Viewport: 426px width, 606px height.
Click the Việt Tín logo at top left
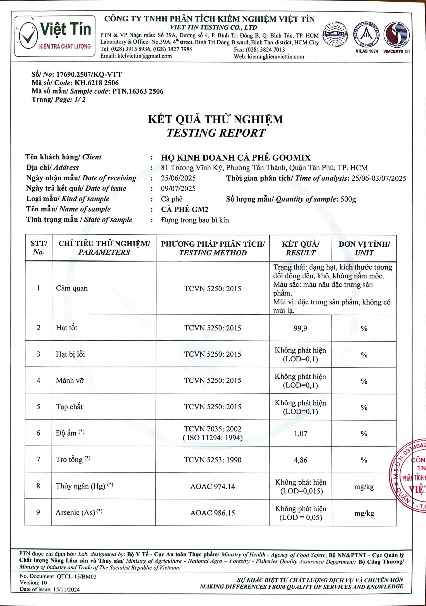click(x=55, y=36)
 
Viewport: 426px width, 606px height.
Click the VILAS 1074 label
click(x=367, y=51)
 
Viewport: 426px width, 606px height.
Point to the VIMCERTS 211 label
click(x=397, y=51)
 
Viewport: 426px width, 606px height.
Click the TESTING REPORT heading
click(x=216, y=133)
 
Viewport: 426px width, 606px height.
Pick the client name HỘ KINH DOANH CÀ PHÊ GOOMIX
click(x=236, y=158)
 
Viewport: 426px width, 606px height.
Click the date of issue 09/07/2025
click(x=178, y=188)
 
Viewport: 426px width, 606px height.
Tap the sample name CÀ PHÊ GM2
click(x=184, y=209)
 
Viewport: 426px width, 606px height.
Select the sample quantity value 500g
click(x=348, y=199)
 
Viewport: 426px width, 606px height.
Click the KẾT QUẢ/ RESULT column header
click(x=300, y=248)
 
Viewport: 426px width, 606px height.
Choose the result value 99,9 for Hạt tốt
click(x=300, y=328)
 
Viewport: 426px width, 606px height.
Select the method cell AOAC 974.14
click(x=212, y=486)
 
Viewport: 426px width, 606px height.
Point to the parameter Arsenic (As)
click(x=75, y=512)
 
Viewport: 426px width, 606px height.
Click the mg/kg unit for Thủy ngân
click(x=364, y=487)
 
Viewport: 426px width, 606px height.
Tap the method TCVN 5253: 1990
click(x=212, y=460)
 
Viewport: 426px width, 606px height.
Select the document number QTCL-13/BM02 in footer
click(x=77, y=576)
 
